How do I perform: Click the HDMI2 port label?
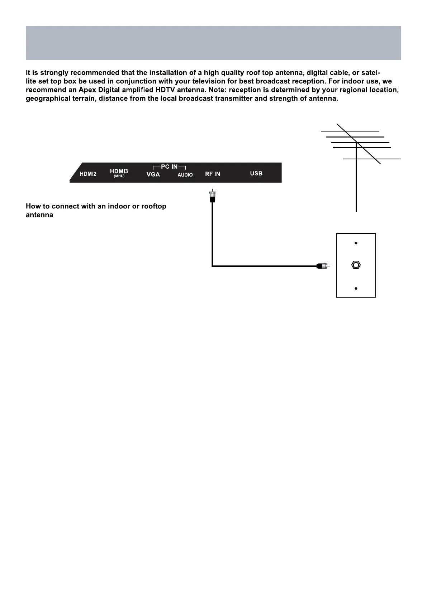[88, 174]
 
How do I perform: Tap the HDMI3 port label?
[119, 171]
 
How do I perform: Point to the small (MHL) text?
[119, 176]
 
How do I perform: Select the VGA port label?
[153, 174]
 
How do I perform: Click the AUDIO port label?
[185, 175]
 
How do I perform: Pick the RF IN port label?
[213, 174]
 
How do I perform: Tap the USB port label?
[256, 173]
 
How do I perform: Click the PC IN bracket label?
[169, 167]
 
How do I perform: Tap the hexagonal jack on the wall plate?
[356, 265]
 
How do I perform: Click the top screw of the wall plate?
[356, 243]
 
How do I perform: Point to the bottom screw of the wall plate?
[356, 289]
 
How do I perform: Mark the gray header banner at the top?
[213, 43]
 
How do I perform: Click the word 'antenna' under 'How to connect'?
[39, 215]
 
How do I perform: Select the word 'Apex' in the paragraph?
[86, 90]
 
